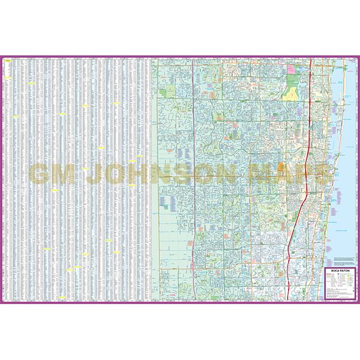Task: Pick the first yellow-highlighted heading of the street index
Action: [x=8, y=61]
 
